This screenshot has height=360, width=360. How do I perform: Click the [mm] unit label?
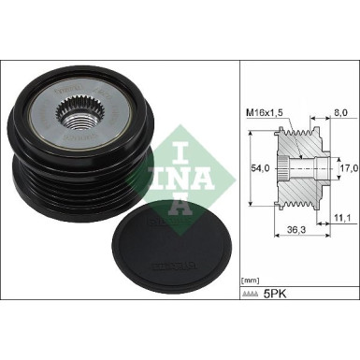click(x=252, y=279)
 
